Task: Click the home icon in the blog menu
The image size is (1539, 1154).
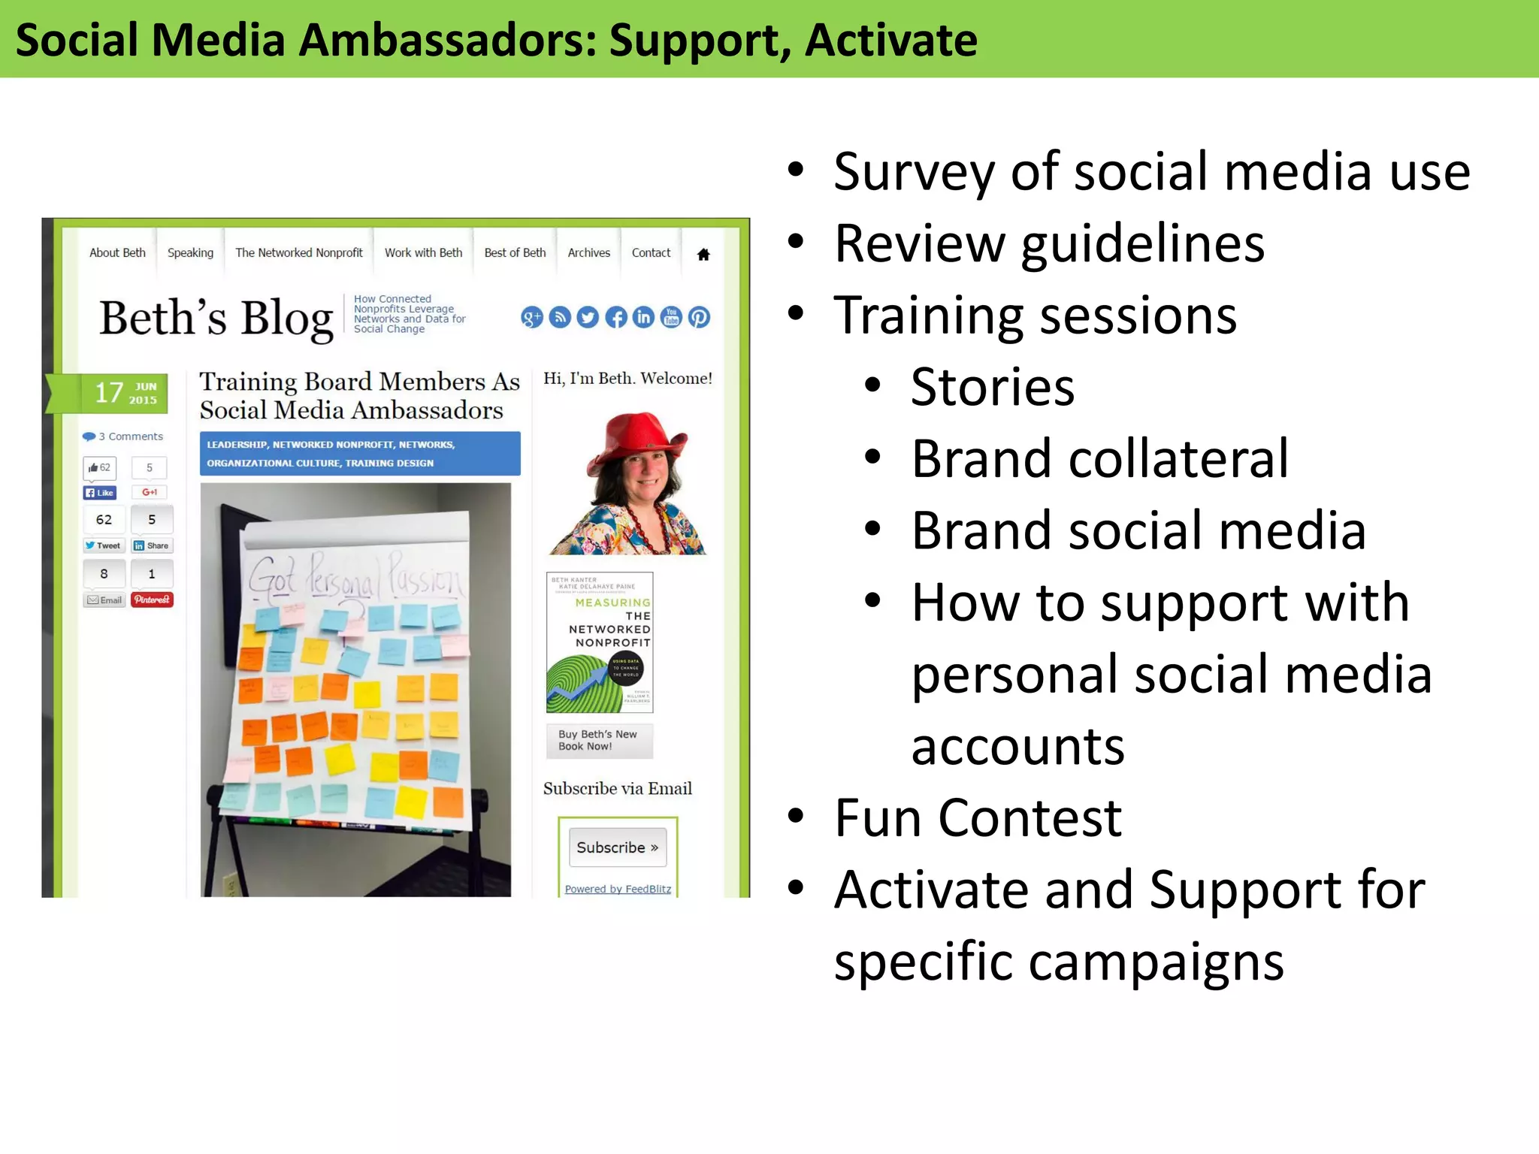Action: pyautogui.click(x=703, y=254)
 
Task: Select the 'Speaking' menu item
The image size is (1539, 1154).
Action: pyautogui.click(x=190, y=252)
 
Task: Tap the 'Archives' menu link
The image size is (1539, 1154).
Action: pyautogui.click(x=588, y=252)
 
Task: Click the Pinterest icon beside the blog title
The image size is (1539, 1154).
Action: pyautogui.click(x=699, y=317)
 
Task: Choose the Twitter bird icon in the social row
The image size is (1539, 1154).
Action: pyautogui.click(x=588, y=317)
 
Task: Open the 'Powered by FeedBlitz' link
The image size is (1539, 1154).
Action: pyautogui.click(x=618, y=889)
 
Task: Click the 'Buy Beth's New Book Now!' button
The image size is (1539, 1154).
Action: pyautogui.click(x=599, y=740)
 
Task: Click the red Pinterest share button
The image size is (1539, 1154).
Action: pyautogui.click(x=152, y=600)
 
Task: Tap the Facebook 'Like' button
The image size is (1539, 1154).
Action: pyautogui.click(x=99, y=493)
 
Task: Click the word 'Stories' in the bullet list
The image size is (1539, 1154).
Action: pyautogui.click(x=992, y=388)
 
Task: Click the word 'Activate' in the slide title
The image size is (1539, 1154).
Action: pyautogui.click(x=890, y=41)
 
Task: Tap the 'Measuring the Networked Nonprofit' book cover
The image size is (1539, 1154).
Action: pyautogui.click(x=600, y=642)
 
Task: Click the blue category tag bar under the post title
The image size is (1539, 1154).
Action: pyautogui.click(x=359, y=453)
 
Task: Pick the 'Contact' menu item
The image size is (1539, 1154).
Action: pyautogui.click(x=651, y=252)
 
